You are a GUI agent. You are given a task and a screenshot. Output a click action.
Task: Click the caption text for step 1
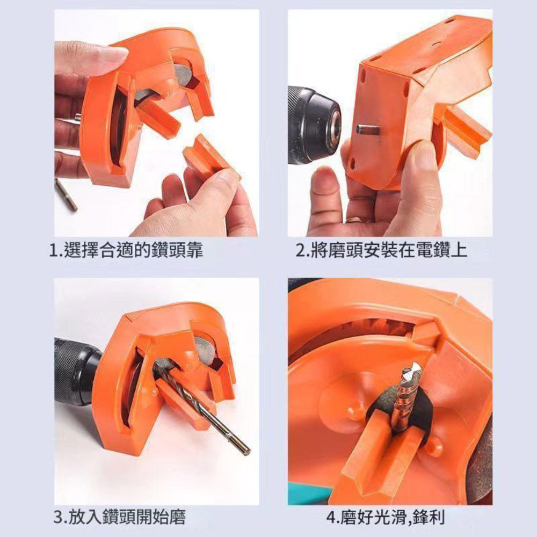(x=126, y=250)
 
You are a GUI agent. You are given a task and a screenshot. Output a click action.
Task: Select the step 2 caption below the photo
(x=382, y=250)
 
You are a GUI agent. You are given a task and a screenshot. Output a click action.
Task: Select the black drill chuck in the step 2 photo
(x=311, y=124)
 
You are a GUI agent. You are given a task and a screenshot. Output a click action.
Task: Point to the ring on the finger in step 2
(x=355, y=220)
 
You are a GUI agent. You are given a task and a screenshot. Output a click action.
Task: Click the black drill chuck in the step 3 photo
(x=75, y=371)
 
